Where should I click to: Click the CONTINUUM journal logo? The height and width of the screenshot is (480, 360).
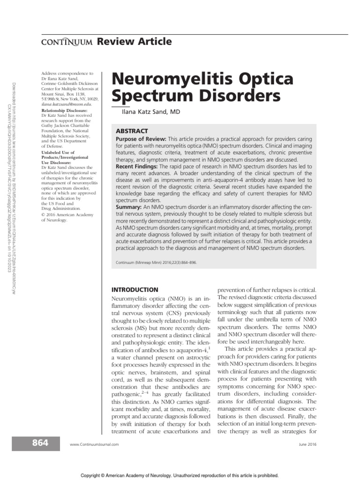[x=65, y=43]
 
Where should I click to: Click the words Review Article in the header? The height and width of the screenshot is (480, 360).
[x=134, y=42]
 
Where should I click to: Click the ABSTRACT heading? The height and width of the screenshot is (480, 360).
[x=132, y=131]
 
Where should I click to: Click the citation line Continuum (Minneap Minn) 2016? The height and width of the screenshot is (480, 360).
[x=156, y=262]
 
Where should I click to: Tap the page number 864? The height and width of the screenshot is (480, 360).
[x=40, y=443]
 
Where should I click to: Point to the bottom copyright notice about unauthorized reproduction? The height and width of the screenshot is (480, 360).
[x=180, y=475]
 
